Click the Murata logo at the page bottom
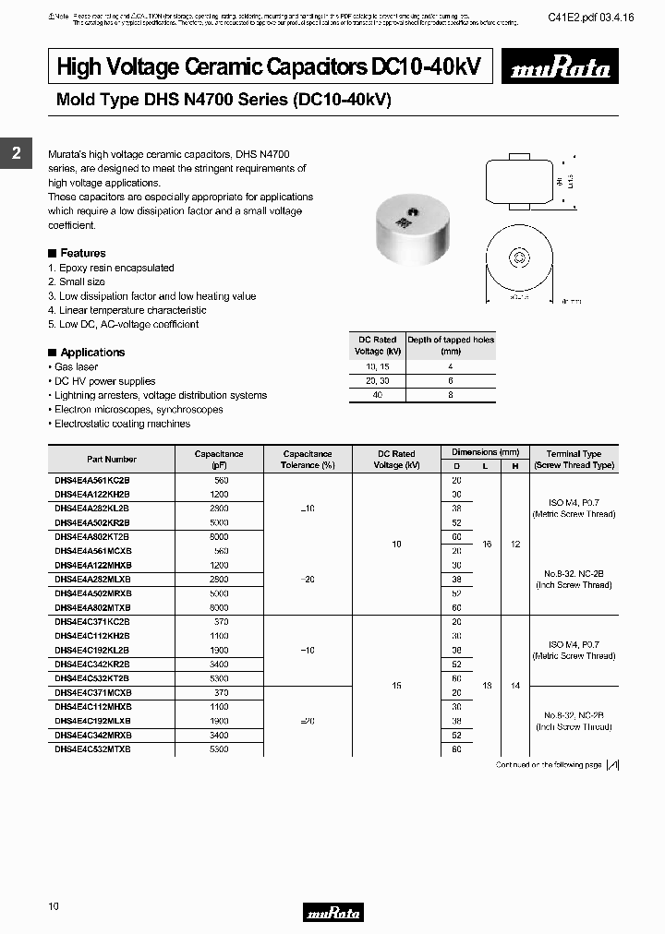point(332,913)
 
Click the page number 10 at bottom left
point(54,906)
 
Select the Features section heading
point(82,253)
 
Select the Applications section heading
point(91,353)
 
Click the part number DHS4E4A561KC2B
point(92,481)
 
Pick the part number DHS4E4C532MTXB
point(92,749)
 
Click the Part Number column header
point(112,459)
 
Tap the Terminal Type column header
point(574,460)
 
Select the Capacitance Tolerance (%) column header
point(308,460)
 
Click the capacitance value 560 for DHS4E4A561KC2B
point(220,481)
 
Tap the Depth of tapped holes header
point(451,345)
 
